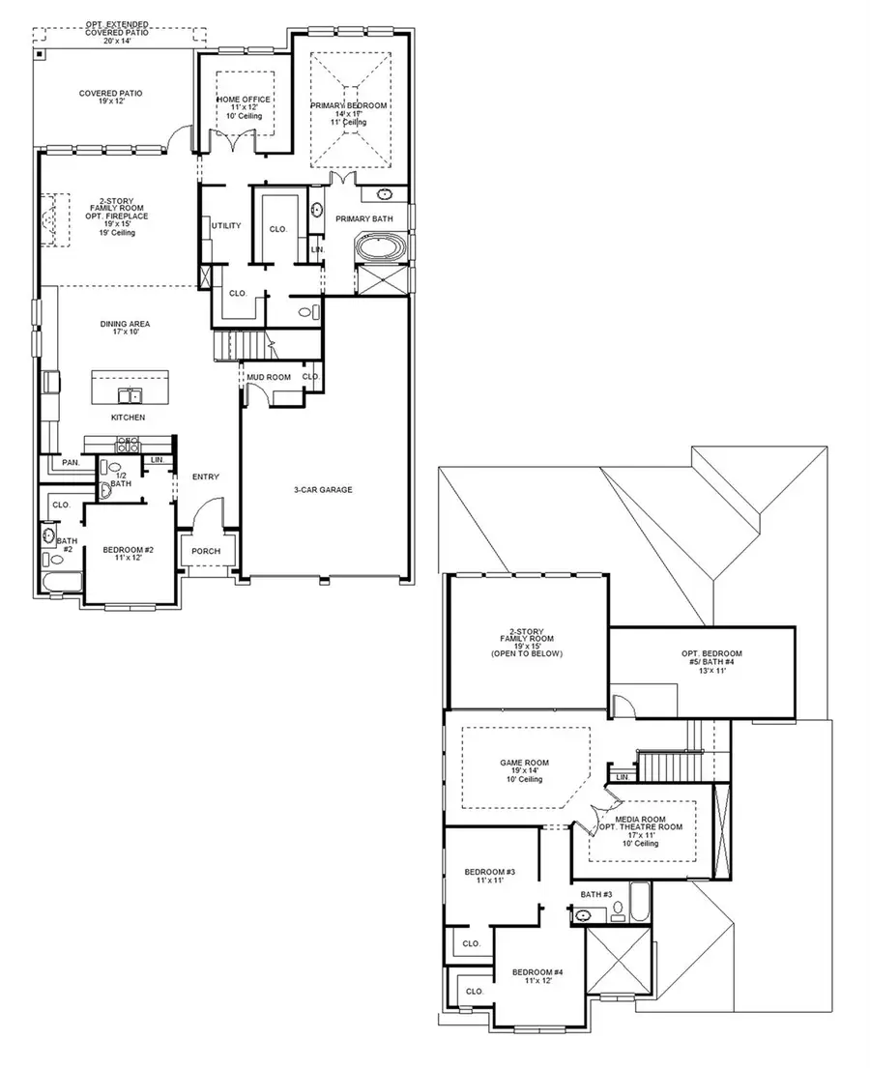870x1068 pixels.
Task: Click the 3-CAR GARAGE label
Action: [x=324, y=490]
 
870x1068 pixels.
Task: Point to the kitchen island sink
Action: [x=129, y=393]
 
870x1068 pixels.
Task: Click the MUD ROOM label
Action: [x=262, y=377]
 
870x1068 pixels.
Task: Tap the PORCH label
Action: [x=207, y=551]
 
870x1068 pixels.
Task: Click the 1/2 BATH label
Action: [x=121, y=479]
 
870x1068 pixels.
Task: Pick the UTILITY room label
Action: [x=226, y=226]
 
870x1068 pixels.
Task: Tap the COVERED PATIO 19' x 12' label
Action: [x=110, y=98]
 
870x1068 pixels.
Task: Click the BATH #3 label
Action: [x=596, y=894]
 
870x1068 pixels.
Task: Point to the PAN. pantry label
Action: [x=71, y=463]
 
